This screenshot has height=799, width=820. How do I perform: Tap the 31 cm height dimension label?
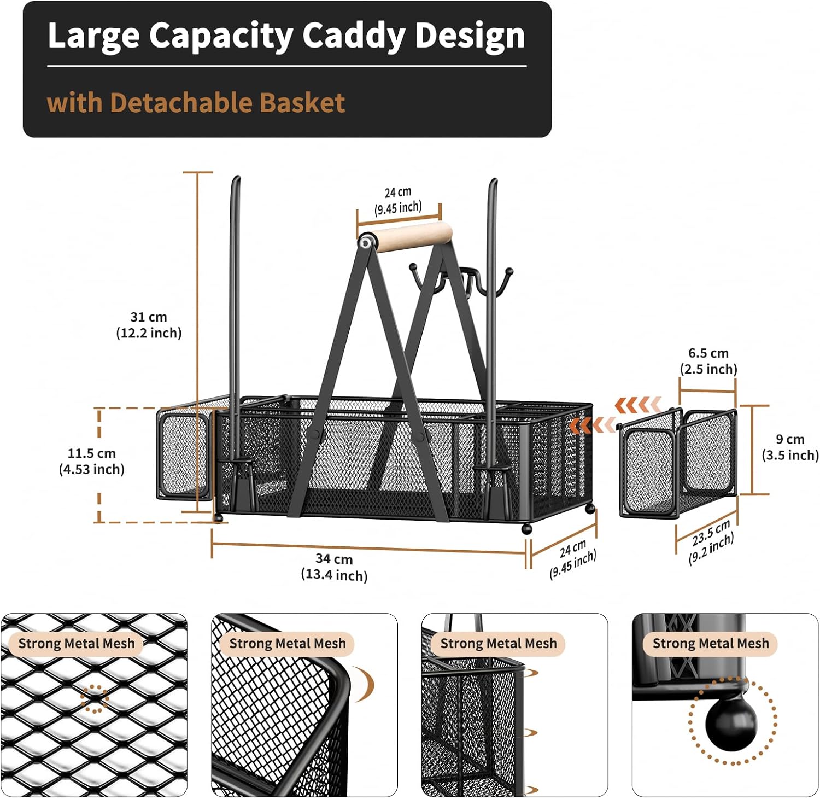pyautogui.click(x=149, y=325)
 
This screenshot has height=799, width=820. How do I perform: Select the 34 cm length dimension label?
pyautogui.click(x=334, y=567)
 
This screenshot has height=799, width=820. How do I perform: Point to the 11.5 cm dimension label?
pyautogui.click(x=92, y=461)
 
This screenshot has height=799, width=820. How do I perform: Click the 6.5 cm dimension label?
pyautogui.click(x=708, y=361)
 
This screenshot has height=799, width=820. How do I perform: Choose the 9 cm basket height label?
pyautogui.click(x=790, y=447)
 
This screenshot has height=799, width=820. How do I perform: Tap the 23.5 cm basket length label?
pyautogui.click(x=711, y=541)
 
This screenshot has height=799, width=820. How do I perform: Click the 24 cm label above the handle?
pyautogui.click(x=398, y=200)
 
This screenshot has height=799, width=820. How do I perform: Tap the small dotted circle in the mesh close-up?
pyautogui.click(x=94, y=698)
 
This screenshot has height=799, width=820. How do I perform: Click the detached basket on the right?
pyautogui.click(x=678, y=463)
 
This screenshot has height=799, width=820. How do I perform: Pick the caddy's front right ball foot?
pyautogui.click(x=526, y=529)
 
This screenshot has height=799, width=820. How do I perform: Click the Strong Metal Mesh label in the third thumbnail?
pyautogui.click(x=498, y=644)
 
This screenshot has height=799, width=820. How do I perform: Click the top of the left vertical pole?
pyautogui.click(x=236, y=180)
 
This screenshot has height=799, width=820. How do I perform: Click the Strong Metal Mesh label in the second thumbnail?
pyautogui.click(x=288, y=644)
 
